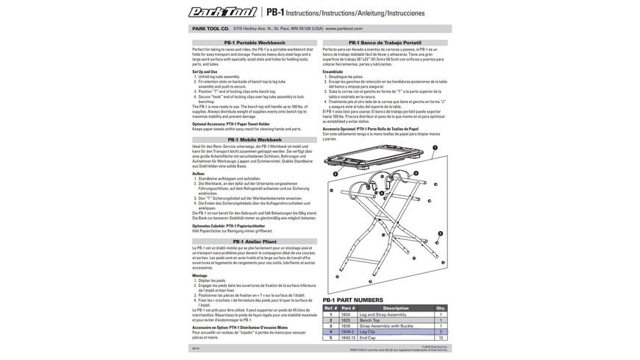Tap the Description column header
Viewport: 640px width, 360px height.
(x=396, y=308)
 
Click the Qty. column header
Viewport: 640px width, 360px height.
(x=441, y=308)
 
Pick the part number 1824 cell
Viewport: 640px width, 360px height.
(x=345, y=314)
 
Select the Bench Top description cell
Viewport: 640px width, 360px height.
(x=369, y=320)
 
